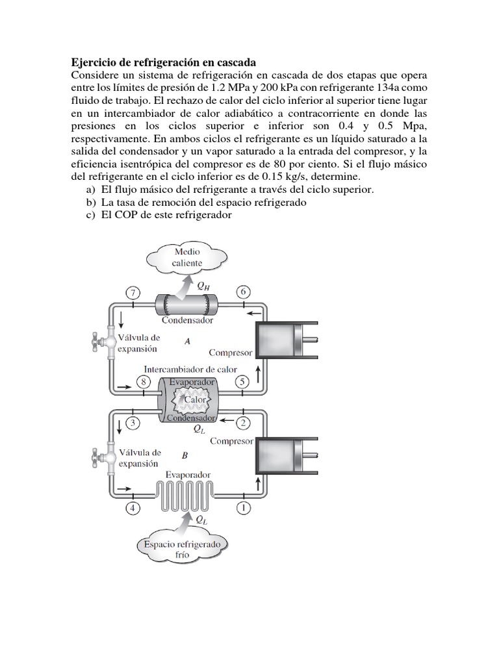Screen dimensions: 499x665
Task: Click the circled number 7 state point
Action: point(133,293)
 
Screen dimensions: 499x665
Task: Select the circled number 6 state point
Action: point(244,293)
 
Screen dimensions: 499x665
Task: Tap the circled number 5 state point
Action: point(242,383)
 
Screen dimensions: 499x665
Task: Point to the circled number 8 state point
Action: point(144,383)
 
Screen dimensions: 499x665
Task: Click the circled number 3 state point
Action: point(133,424)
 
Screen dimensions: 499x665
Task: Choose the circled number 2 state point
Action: point(244,424)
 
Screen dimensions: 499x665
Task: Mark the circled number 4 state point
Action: point(133,508)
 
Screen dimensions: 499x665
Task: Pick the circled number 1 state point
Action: point(244,508)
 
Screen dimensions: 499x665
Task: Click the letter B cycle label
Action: point(185,455)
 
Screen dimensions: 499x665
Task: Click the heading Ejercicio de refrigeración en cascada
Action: point(163,62)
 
